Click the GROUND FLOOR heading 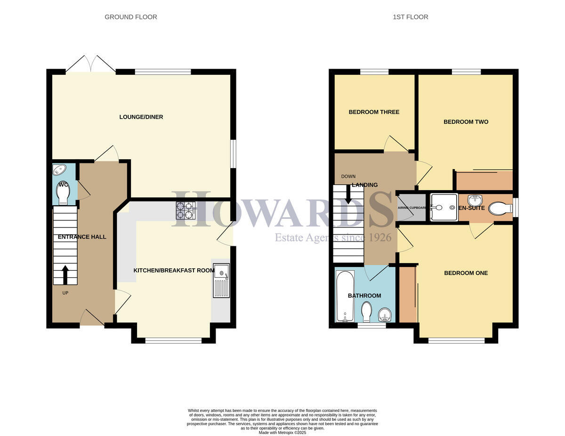[x=131, y=17]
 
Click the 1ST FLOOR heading [x=411, y=17]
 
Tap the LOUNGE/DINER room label [x=141, y=117]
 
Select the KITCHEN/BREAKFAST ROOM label [x=174, y=271]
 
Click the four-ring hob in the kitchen [x=186, y=210]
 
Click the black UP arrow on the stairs [x=65, y=275]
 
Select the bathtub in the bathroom [x=345, y=296]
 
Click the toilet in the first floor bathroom [x=367, y=312]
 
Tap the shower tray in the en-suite [x=443, y=207]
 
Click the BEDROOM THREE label [x=374, y=112]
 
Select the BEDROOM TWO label [x=466, y=122]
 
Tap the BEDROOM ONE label [x=466, y=273]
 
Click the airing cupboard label [x=411, y=208]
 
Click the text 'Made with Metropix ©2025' [x=282, y=432]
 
